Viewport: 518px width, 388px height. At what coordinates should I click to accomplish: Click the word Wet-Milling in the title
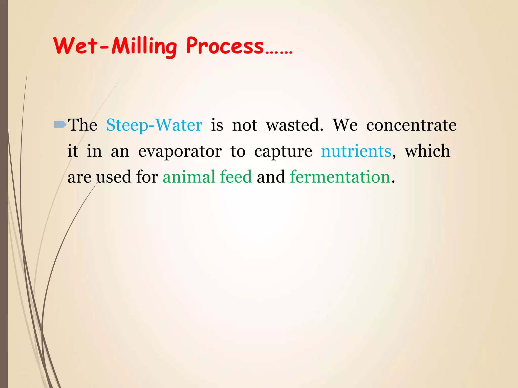115,46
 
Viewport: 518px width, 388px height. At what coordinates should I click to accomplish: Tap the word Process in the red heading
225,46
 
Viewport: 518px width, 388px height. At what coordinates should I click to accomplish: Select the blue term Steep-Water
154,125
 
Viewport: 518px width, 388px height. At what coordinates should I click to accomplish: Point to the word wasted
294,125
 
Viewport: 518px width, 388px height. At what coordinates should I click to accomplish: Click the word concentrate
411,125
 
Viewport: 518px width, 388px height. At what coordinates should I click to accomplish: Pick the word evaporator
180,151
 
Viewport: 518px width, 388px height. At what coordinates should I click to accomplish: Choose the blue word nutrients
356,151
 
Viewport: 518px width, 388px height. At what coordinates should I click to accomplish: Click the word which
427,151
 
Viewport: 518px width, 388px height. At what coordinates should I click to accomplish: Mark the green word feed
236,177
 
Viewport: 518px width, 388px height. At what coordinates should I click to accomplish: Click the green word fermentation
340,177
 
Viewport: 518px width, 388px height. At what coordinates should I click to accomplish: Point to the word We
345,125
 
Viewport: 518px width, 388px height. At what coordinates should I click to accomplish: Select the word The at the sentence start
83,125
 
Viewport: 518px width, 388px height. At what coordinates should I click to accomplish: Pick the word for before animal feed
147,177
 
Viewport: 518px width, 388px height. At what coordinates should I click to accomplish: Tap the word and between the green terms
271,177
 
